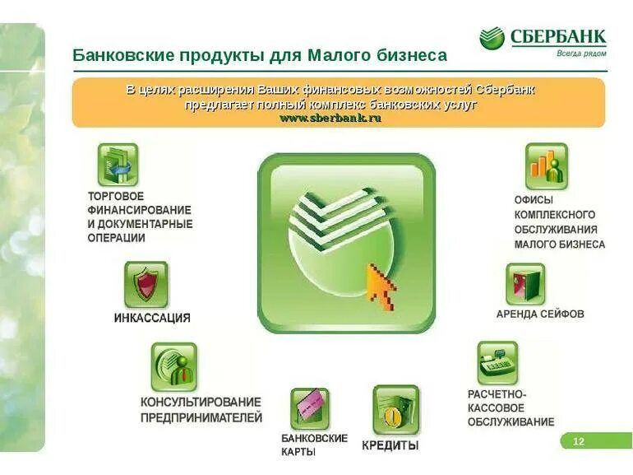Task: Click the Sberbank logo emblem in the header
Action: coord(492,38)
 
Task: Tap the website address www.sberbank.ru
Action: coord(330,119)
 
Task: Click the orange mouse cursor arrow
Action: coord(381,285)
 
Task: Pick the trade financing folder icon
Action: coord(118,165)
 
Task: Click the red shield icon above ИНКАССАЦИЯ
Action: coord(146,285)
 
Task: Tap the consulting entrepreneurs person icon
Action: coord(173,366)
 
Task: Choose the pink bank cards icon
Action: coord(309,408)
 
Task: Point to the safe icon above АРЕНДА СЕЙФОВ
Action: coord(524,284)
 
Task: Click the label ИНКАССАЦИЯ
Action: coord(152,318)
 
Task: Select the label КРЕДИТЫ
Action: coord(390,445)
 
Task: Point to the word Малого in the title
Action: coord(339,56)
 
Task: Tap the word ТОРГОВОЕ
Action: coord(116,197)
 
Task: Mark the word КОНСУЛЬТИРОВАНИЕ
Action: coord(201,402)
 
